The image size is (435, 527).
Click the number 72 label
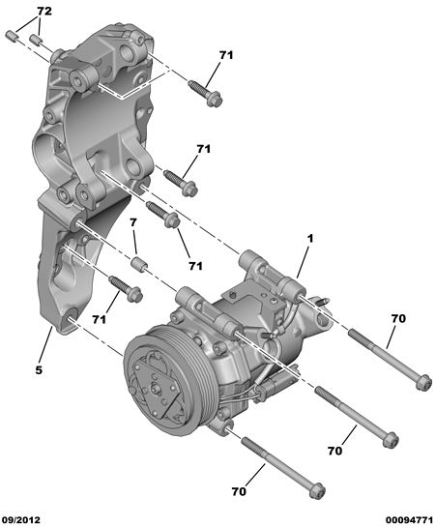pos(44,12)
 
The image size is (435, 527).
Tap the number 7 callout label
pos(133,222)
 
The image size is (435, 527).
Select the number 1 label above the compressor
pos(309,239)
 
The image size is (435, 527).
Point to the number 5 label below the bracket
pos(39,370)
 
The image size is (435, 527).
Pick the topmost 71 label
pos(226,55)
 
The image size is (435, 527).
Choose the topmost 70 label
pos(398,318)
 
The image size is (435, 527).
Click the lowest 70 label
pos(239,492)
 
